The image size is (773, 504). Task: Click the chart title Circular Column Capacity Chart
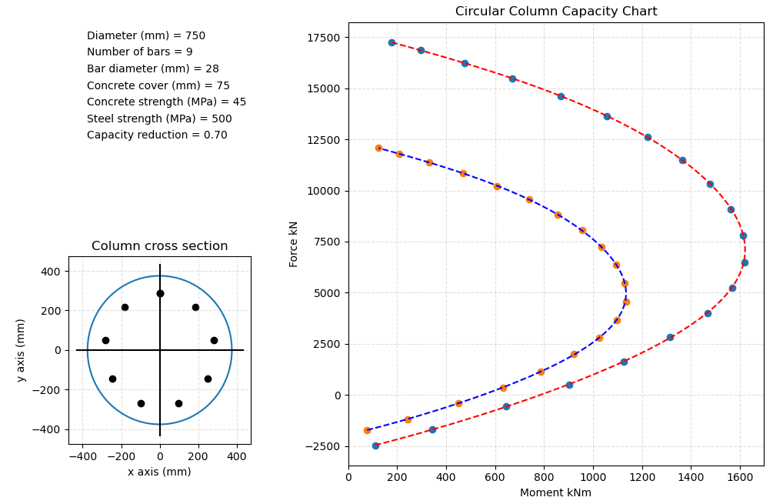[x=555, y=12]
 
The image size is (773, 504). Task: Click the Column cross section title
[x=159, y=246]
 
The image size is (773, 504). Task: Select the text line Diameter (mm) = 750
[x=146, y=36]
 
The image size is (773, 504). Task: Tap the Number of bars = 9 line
[x=139, y=52]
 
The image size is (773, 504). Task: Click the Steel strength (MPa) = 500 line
[x=159, y=118]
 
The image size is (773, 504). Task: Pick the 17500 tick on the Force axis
[x=324, y=38]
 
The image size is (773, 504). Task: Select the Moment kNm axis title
[x=555, y=492]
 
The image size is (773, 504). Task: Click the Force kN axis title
[x=294, y=243]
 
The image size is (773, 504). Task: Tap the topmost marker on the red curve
[x=391, y=42]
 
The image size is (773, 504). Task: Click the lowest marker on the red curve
[x=375, y=446]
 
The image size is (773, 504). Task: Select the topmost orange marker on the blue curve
[x=378, y=148]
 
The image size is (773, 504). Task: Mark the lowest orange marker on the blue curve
[x=367, y=430]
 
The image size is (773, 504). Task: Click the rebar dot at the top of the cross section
[x=160, y=293]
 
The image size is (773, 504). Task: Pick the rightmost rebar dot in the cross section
[x=214, y=340]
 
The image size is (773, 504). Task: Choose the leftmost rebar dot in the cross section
[x=105, y=340]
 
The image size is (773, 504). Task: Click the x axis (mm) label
[x=159, y=472]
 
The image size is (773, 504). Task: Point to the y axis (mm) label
[x=21, y=350]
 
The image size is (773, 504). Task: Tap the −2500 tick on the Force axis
[x=322, y=446]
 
